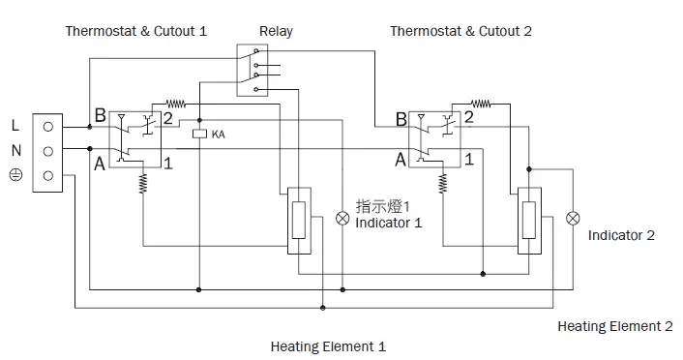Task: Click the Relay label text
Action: point(276,31)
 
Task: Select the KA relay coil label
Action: point(218,134)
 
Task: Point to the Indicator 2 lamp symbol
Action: point(573,217)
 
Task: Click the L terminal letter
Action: point(15,125)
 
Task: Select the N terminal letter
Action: point(15,150)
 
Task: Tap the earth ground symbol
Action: point(15,175)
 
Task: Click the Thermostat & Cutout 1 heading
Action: point(135,31)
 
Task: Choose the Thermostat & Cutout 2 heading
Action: point(460,31)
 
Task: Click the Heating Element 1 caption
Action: point(328,345)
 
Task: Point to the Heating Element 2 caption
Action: point(614,326)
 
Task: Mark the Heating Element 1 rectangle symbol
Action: point(300,221)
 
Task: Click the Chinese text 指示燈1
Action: point(384,206)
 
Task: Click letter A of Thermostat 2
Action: point(401,161)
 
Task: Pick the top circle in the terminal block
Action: point(46,127)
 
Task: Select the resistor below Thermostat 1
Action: point(143,181)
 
